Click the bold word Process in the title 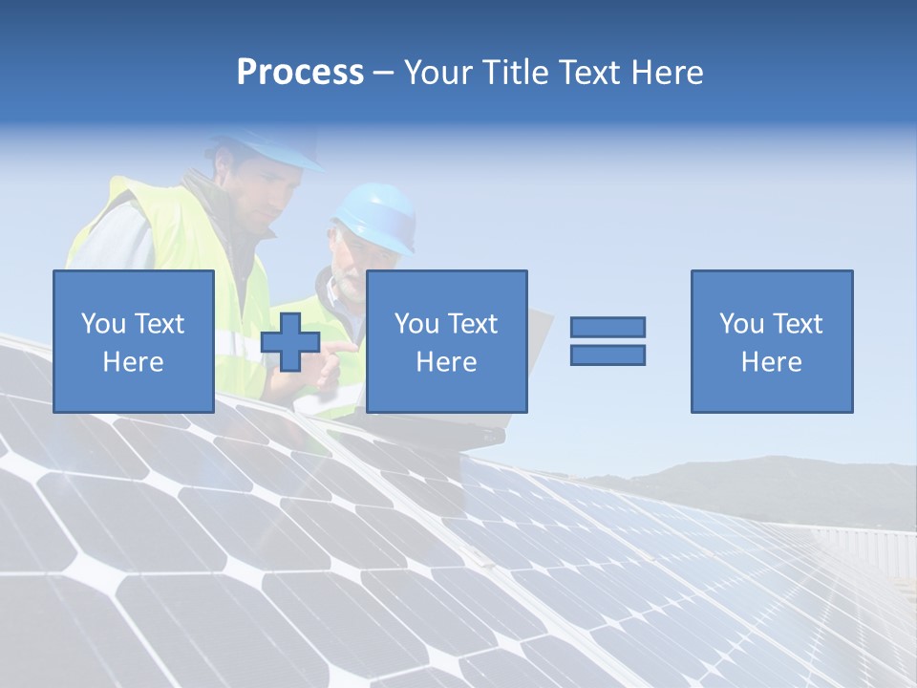300,73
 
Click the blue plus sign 290,342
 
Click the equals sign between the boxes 608,341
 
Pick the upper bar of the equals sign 608,328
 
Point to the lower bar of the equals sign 608,355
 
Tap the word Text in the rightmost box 798,324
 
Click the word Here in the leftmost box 133,362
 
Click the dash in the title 384,73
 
